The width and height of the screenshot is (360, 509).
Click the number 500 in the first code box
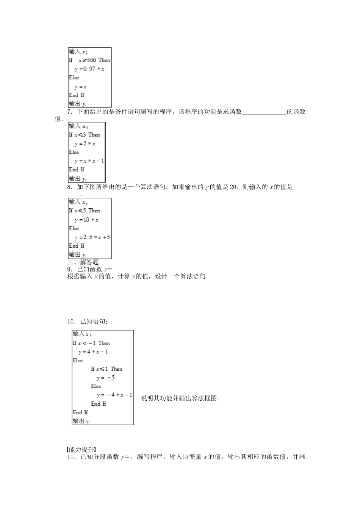coord(92,60)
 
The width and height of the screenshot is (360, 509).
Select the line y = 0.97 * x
coord(89,69)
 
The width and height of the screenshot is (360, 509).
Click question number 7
coord(70,112)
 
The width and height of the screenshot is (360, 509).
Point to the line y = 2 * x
coord(85,144)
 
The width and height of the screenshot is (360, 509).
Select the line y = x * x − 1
coord(89,161)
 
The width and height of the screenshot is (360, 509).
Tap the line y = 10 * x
coord(86,220)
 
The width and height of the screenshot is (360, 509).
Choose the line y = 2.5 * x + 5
coord(92,237)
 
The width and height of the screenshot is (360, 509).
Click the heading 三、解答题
coord(83,262)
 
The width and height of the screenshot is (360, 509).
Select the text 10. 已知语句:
coord(88,322)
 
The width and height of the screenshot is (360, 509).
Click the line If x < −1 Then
coord(91,343)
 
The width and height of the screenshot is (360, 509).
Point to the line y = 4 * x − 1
coord(93,352)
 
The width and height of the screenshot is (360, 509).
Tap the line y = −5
coord(105,378)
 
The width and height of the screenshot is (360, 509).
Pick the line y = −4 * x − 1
coord(114,395)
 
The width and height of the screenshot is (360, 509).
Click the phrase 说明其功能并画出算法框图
coord(180,398)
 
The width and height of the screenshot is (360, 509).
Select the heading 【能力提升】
coord(81,450)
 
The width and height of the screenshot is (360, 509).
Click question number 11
coord(71,457)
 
